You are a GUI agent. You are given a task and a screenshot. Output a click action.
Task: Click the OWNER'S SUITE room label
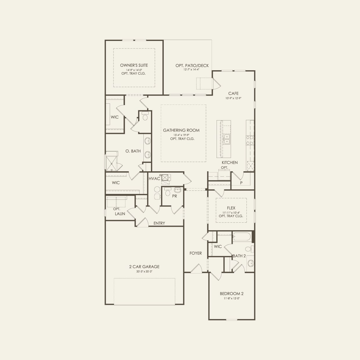[134, 65]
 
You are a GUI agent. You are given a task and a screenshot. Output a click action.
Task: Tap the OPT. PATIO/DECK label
[192, 66]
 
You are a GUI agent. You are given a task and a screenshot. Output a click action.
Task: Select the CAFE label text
[233, 93]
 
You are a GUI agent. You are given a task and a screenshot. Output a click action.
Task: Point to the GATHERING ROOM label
[181, 130]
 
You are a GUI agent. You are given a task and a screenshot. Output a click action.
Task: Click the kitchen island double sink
[226, 139]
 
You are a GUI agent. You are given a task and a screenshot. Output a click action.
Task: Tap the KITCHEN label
[230, 163]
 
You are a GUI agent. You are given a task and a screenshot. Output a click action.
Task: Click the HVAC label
[154, 179]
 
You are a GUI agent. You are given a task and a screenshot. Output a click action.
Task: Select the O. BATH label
[133, 151]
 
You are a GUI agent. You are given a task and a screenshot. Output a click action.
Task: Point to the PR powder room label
[174, 196]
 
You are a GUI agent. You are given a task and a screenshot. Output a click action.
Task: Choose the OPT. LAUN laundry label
[120, 212]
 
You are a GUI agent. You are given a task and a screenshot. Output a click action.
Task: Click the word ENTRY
[159, 223]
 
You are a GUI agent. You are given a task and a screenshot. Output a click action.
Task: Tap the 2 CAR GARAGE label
[144, 267]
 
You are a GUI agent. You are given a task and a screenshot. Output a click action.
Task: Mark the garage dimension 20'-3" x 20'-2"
[144, 272]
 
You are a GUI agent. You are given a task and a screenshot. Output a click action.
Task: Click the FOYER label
[195, 253]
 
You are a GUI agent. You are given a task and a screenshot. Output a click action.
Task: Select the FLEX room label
[231, 208]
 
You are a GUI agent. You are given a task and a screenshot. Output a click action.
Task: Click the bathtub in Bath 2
[242, 237]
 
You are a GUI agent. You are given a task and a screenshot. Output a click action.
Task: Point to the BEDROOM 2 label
[231, 294]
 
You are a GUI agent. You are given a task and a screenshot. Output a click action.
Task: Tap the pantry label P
[241, 183]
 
